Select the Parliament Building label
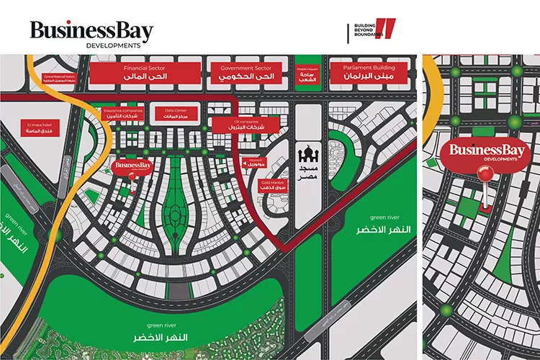[369, 72]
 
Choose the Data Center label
[176, 113]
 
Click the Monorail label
[256, 163]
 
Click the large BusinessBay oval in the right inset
[484, 152]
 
